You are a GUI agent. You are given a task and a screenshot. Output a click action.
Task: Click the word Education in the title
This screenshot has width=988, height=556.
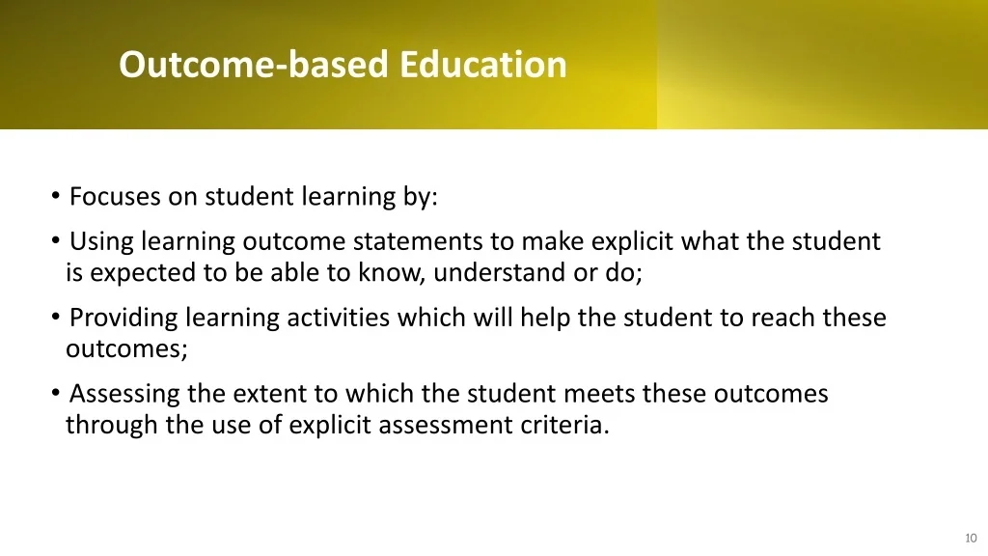(483, 65)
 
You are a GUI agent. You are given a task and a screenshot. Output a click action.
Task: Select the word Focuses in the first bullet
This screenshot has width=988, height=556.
(116, 197)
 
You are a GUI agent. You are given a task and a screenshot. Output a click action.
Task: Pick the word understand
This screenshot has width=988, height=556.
(500, 273)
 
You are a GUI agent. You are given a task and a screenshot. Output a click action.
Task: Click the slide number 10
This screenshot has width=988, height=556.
(971, 539)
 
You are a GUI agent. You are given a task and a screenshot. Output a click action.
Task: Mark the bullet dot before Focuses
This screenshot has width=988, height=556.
(55, 195)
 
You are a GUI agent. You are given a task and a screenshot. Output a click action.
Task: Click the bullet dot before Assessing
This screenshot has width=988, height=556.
(55, 392)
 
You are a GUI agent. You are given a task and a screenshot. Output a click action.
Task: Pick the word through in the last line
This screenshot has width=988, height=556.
(112, 426)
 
